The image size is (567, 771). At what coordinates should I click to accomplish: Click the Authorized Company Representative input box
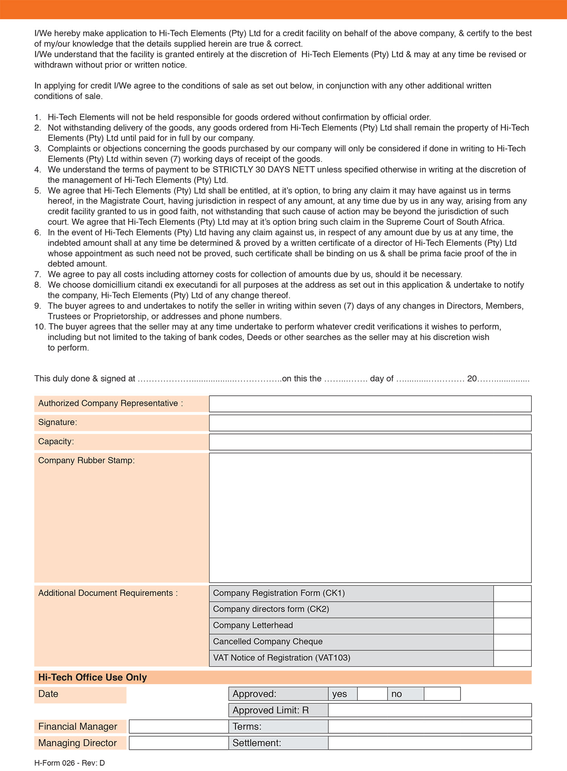pyautogui.click(x=370, y=404)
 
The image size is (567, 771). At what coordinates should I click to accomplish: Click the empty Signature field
pyautogui.click(x=370, y=423)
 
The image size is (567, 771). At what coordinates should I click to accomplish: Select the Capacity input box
pyautogui.click(x=370, y=442)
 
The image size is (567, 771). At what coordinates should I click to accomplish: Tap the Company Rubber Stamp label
pyautogui.click(x=87, y=460)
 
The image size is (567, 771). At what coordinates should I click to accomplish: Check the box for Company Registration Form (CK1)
pyautogui.click(x=512, y=593)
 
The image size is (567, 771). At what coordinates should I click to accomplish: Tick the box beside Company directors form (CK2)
pyautogui.click(x=512, y=610)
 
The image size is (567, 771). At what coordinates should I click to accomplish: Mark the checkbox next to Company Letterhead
pyautogui.click(x=512, y=626)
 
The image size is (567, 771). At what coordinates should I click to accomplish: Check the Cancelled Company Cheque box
pyautogui.click(x=512, y=642)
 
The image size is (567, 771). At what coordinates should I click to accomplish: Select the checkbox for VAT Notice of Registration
pyautogui.click(x=512, y=658)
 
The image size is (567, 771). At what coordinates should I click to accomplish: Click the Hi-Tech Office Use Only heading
pyautogui.click(x=93, y=677)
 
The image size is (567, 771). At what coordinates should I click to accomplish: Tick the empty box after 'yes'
pyautogui.click(x=372, y=694)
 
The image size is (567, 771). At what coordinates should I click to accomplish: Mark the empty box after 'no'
pyautogui.click(x=442, y=694)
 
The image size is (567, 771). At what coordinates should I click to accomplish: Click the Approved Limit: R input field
pyautogui.click(x=429, y=710)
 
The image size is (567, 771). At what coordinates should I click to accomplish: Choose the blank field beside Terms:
pyautogui.click(x=429, y=726)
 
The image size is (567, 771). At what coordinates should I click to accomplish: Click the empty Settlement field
pyautogui.click(x=429, y=743)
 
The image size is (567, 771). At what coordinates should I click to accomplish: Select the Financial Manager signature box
pyautogui.click(x=178, y=726)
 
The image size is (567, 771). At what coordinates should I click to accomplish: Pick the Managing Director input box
pyautogui.click(x=178, y=743)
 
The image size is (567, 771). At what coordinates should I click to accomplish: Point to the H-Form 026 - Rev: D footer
pyautogui.click(x=70, y=763)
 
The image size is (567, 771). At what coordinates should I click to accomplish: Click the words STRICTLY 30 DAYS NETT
pyautogui.click(x=263, y=169)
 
